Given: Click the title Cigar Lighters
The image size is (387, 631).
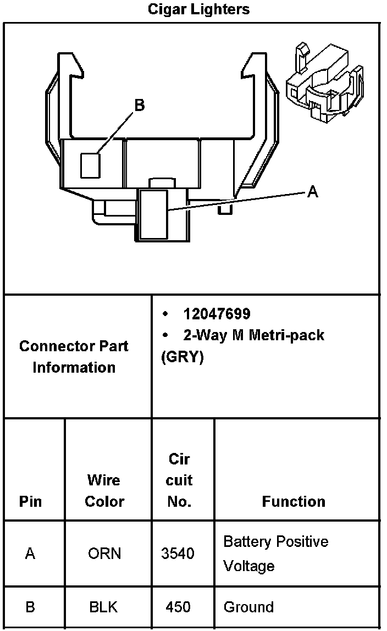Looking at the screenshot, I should pyautogui.click(x=198, y=9).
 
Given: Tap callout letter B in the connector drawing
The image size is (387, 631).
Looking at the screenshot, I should pyautogui.click(x=140, y=105).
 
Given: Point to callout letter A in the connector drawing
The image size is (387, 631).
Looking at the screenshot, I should pyautogui.click(x=312, y=191).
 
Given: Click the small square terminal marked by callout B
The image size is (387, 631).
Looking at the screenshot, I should pyautogui.click(x=91, y=165).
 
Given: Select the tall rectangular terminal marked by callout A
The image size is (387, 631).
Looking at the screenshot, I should pyautogui.click(x=153, y=214).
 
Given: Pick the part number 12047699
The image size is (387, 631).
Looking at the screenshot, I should pyautogui.click(x=217, y=314).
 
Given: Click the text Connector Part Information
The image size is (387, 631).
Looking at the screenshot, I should pyautogui.click(x=74, y=357).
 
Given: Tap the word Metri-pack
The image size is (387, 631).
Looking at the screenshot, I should pyautogui.click(x=286, y=335).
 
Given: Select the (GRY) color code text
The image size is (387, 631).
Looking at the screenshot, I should pyautogui.click(x=183, y=357).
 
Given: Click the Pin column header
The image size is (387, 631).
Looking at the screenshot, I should pyautogui.click(x=30, y=501).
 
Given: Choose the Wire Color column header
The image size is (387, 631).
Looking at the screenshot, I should pyautogui.click(x=104, y=490).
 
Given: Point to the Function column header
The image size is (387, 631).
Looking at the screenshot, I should pyautogui.click(x=294, y=501).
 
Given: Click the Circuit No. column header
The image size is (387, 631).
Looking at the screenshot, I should pyautogui.click(x=179, y=480).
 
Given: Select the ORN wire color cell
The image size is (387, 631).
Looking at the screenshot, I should pyautogui.click(x=104, y=553).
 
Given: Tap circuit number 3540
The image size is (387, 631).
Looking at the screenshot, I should pyautogui.click(x=178, y=553).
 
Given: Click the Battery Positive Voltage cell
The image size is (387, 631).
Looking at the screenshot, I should pyautogui.click(x=275, y=553).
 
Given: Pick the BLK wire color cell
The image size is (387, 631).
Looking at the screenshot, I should pyautogui.click(x=104, y=607).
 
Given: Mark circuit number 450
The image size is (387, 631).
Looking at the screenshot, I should pyautogui.click(x=178, y=607).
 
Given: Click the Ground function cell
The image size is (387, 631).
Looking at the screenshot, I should pyautogui.click(x=248, y=607).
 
